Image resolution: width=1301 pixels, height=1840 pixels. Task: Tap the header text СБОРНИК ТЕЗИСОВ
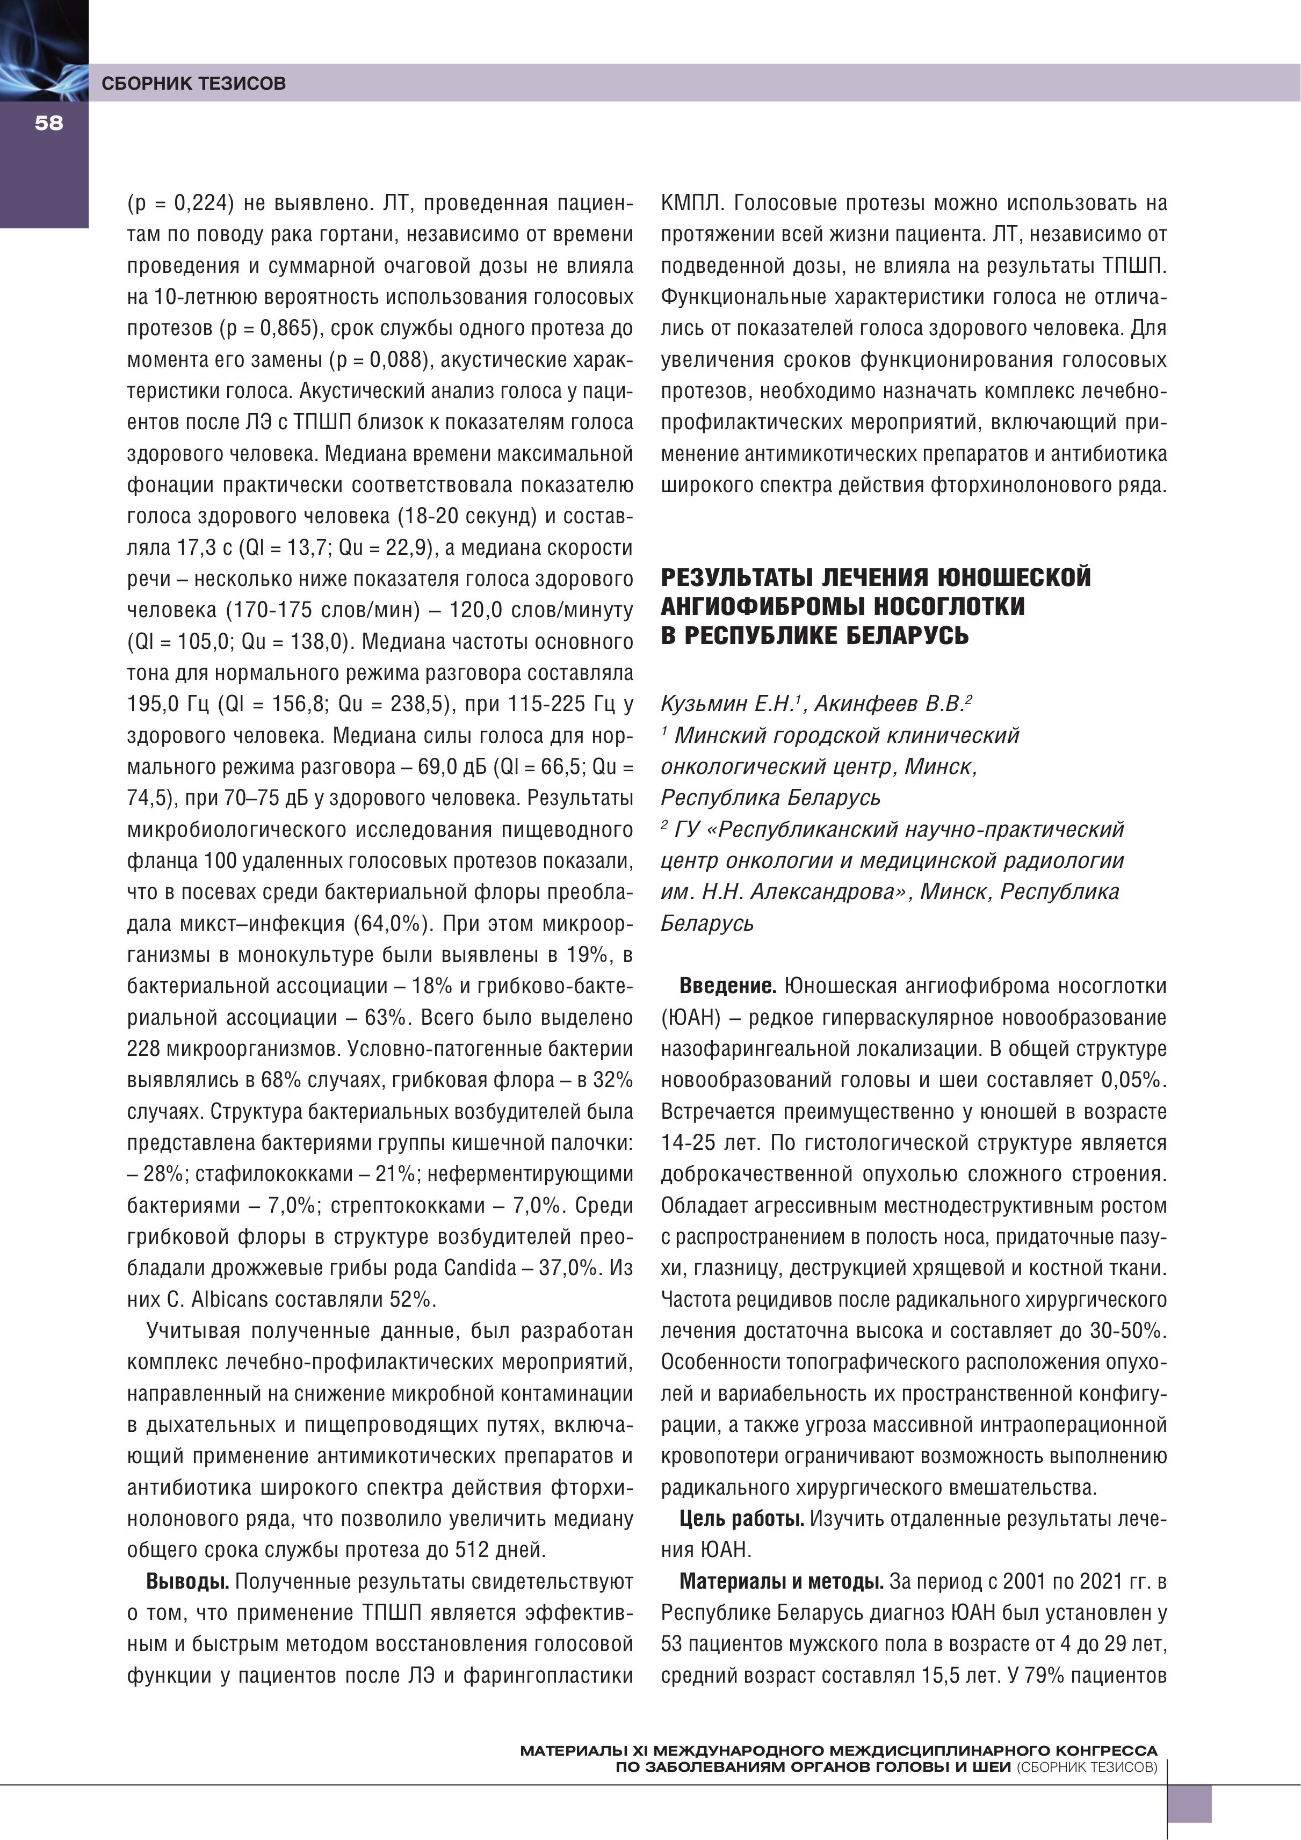click(193, 83)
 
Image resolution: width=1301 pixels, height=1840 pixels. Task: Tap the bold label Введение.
click(727, 987)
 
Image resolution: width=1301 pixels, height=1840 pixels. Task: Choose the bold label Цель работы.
click(741, 1519)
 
